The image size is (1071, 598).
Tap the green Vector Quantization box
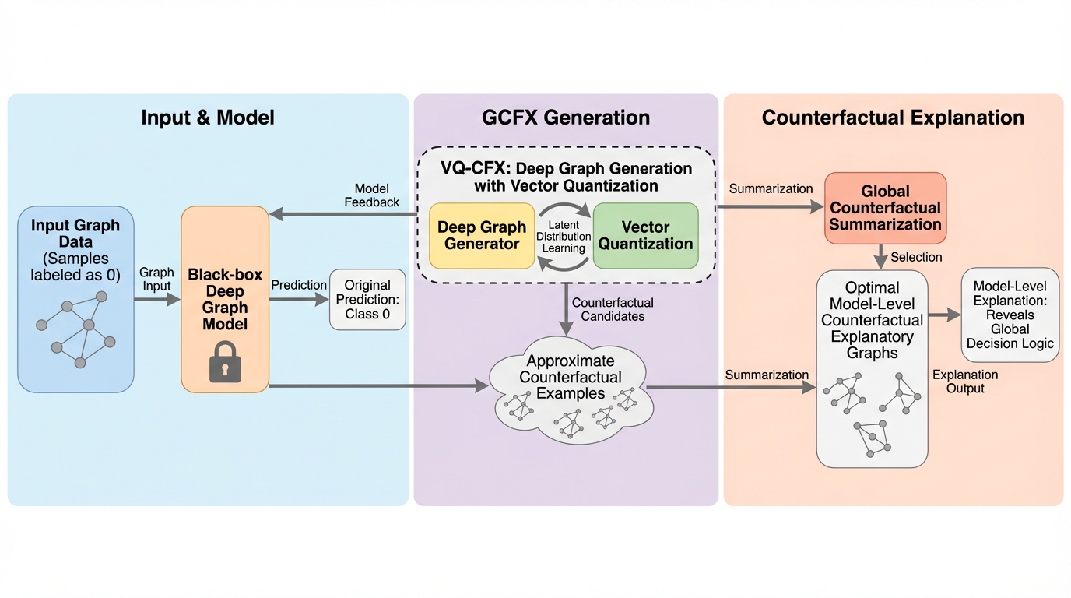pos(646,235)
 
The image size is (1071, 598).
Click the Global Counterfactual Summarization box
pos(885,208)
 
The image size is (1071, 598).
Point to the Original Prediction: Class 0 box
pos(367,300)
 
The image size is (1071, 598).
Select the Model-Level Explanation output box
pos(1010,315)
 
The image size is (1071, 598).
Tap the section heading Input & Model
pos(208,118)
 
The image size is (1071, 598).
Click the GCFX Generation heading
pos(566,118)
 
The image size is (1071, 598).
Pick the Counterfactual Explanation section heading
pos(893,118)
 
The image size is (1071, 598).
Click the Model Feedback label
pos(372,195)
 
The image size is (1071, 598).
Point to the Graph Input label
pos(156,280)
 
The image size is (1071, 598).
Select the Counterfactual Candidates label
pos(613,309)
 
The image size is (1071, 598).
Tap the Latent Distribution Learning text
pos(564,237)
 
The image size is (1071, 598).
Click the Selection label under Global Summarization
pos(916,257)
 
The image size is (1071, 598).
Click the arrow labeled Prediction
pos(299,300)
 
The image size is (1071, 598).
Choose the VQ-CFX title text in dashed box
pos(566,177)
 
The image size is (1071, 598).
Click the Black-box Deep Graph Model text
pos(225,300)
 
